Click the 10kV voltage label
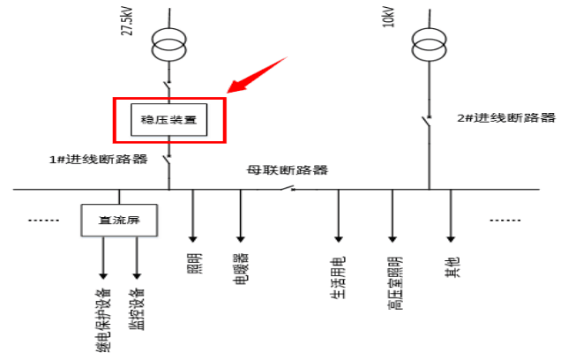pyautogui.click(x=389, y=18)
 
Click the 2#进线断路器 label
pyautogui.click(x=505, y=117)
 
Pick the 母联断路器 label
pyautogui.click(x=287, y=170)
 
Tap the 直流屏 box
pyautogui.click(x=120, y=221)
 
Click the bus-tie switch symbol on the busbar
pyautogui.click(x=288, y=187)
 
